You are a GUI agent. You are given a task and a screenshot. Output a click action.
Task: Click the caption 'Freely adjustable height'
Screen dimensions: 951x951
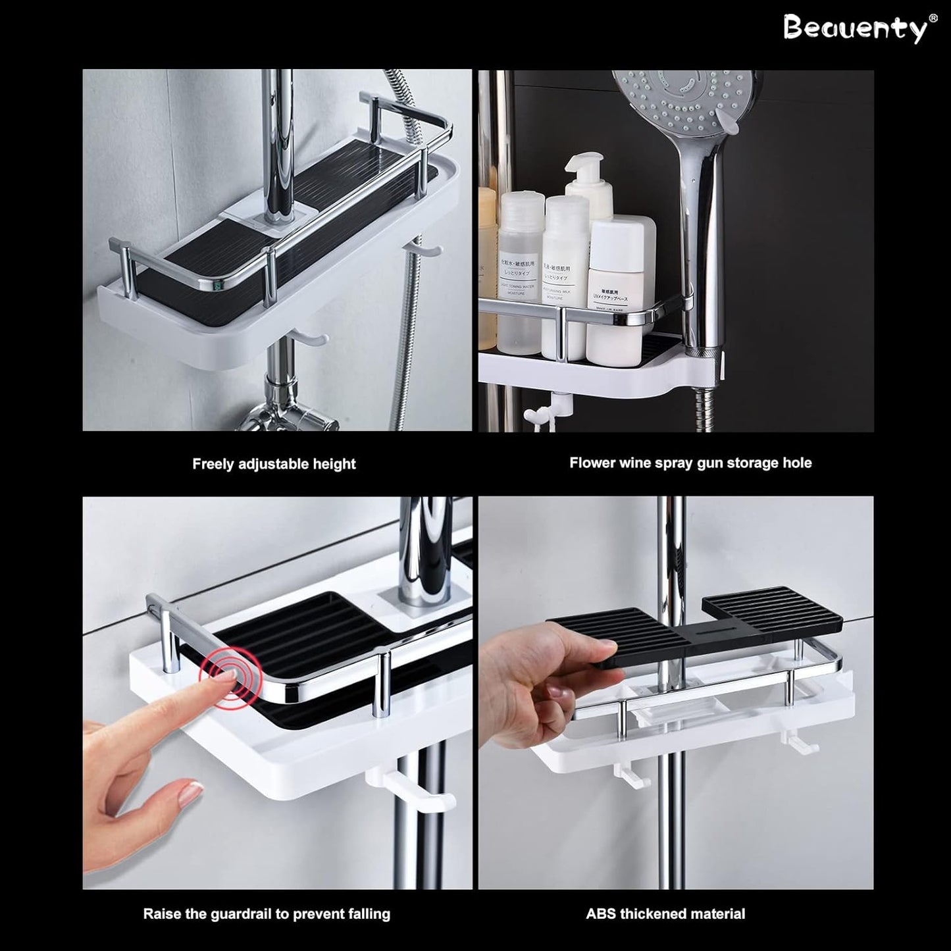tap(274, 464)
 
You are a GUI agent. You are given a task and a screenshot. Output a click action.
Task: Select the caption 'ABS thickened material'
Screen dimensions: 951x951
tap(665, 913)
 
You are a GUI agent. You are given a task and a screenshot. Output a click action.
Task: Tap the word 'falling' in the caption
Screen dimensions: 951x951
tap(367, 914)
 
